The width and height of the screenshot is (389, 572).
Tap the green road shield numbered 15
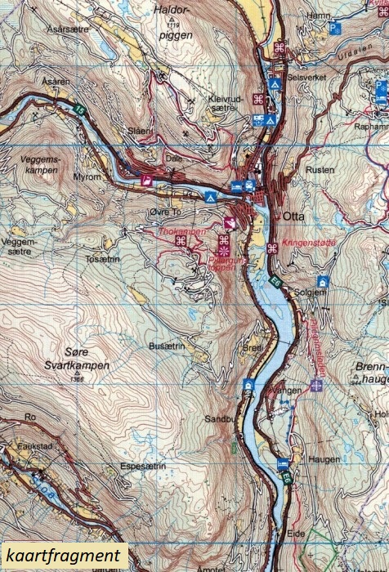79,109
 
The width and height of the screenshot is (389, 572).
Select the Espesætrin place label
143,466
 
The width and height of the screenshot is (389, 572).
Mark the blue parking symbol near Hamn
333,28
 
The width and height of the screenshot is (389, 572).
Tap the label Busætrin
167,346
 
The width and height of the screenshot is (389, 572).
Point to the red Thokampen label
181,231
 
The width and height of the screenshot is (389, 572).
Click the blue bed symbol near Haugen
283,463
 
